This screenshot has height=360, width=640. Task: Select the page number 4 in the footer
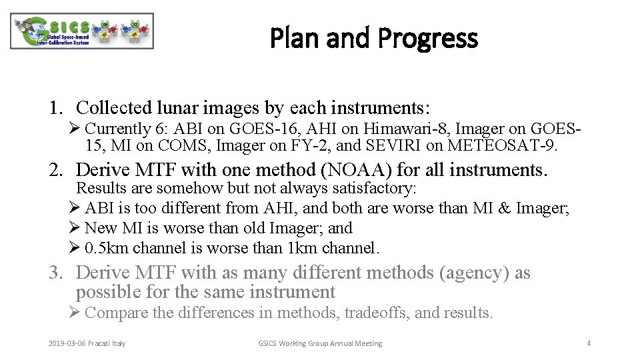tap(589, 343)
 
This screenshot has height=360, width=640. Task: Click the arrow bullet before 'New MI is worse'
tap(75, 229)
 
